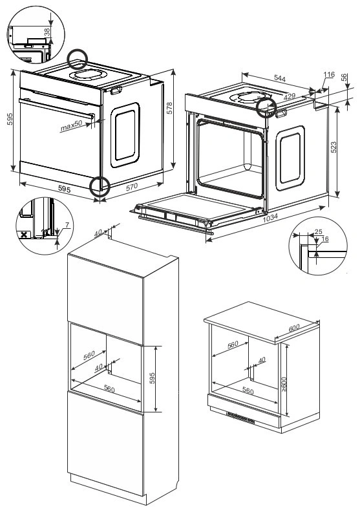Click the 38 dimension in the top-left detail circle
click(47, 32)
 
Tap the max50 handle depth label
click(71, 126)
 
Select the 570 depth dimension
click(132, 186)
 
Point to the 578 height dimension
click(169, 108)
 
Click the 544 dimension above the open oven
click(280, 78)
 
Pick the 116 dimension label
click(329, 74)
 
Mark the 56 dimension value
click(344, 78)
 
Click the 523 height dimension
click(334, 147)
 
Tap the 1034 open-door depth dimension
click(270, 217)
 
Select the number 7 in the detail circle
click(67, 225)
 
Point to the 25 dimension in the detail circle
click(318, 231)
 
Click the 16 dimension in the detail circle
click(325, 239)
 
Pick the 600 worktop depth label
click(293, 328)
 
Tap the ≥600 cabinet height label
click(284, 385)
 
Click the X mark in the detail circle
click(23, 235)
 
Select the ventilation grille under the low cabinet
click(240, 418)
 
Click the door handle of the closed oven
click(56, 109)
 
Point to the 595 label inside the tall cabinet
click(152, 378)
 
